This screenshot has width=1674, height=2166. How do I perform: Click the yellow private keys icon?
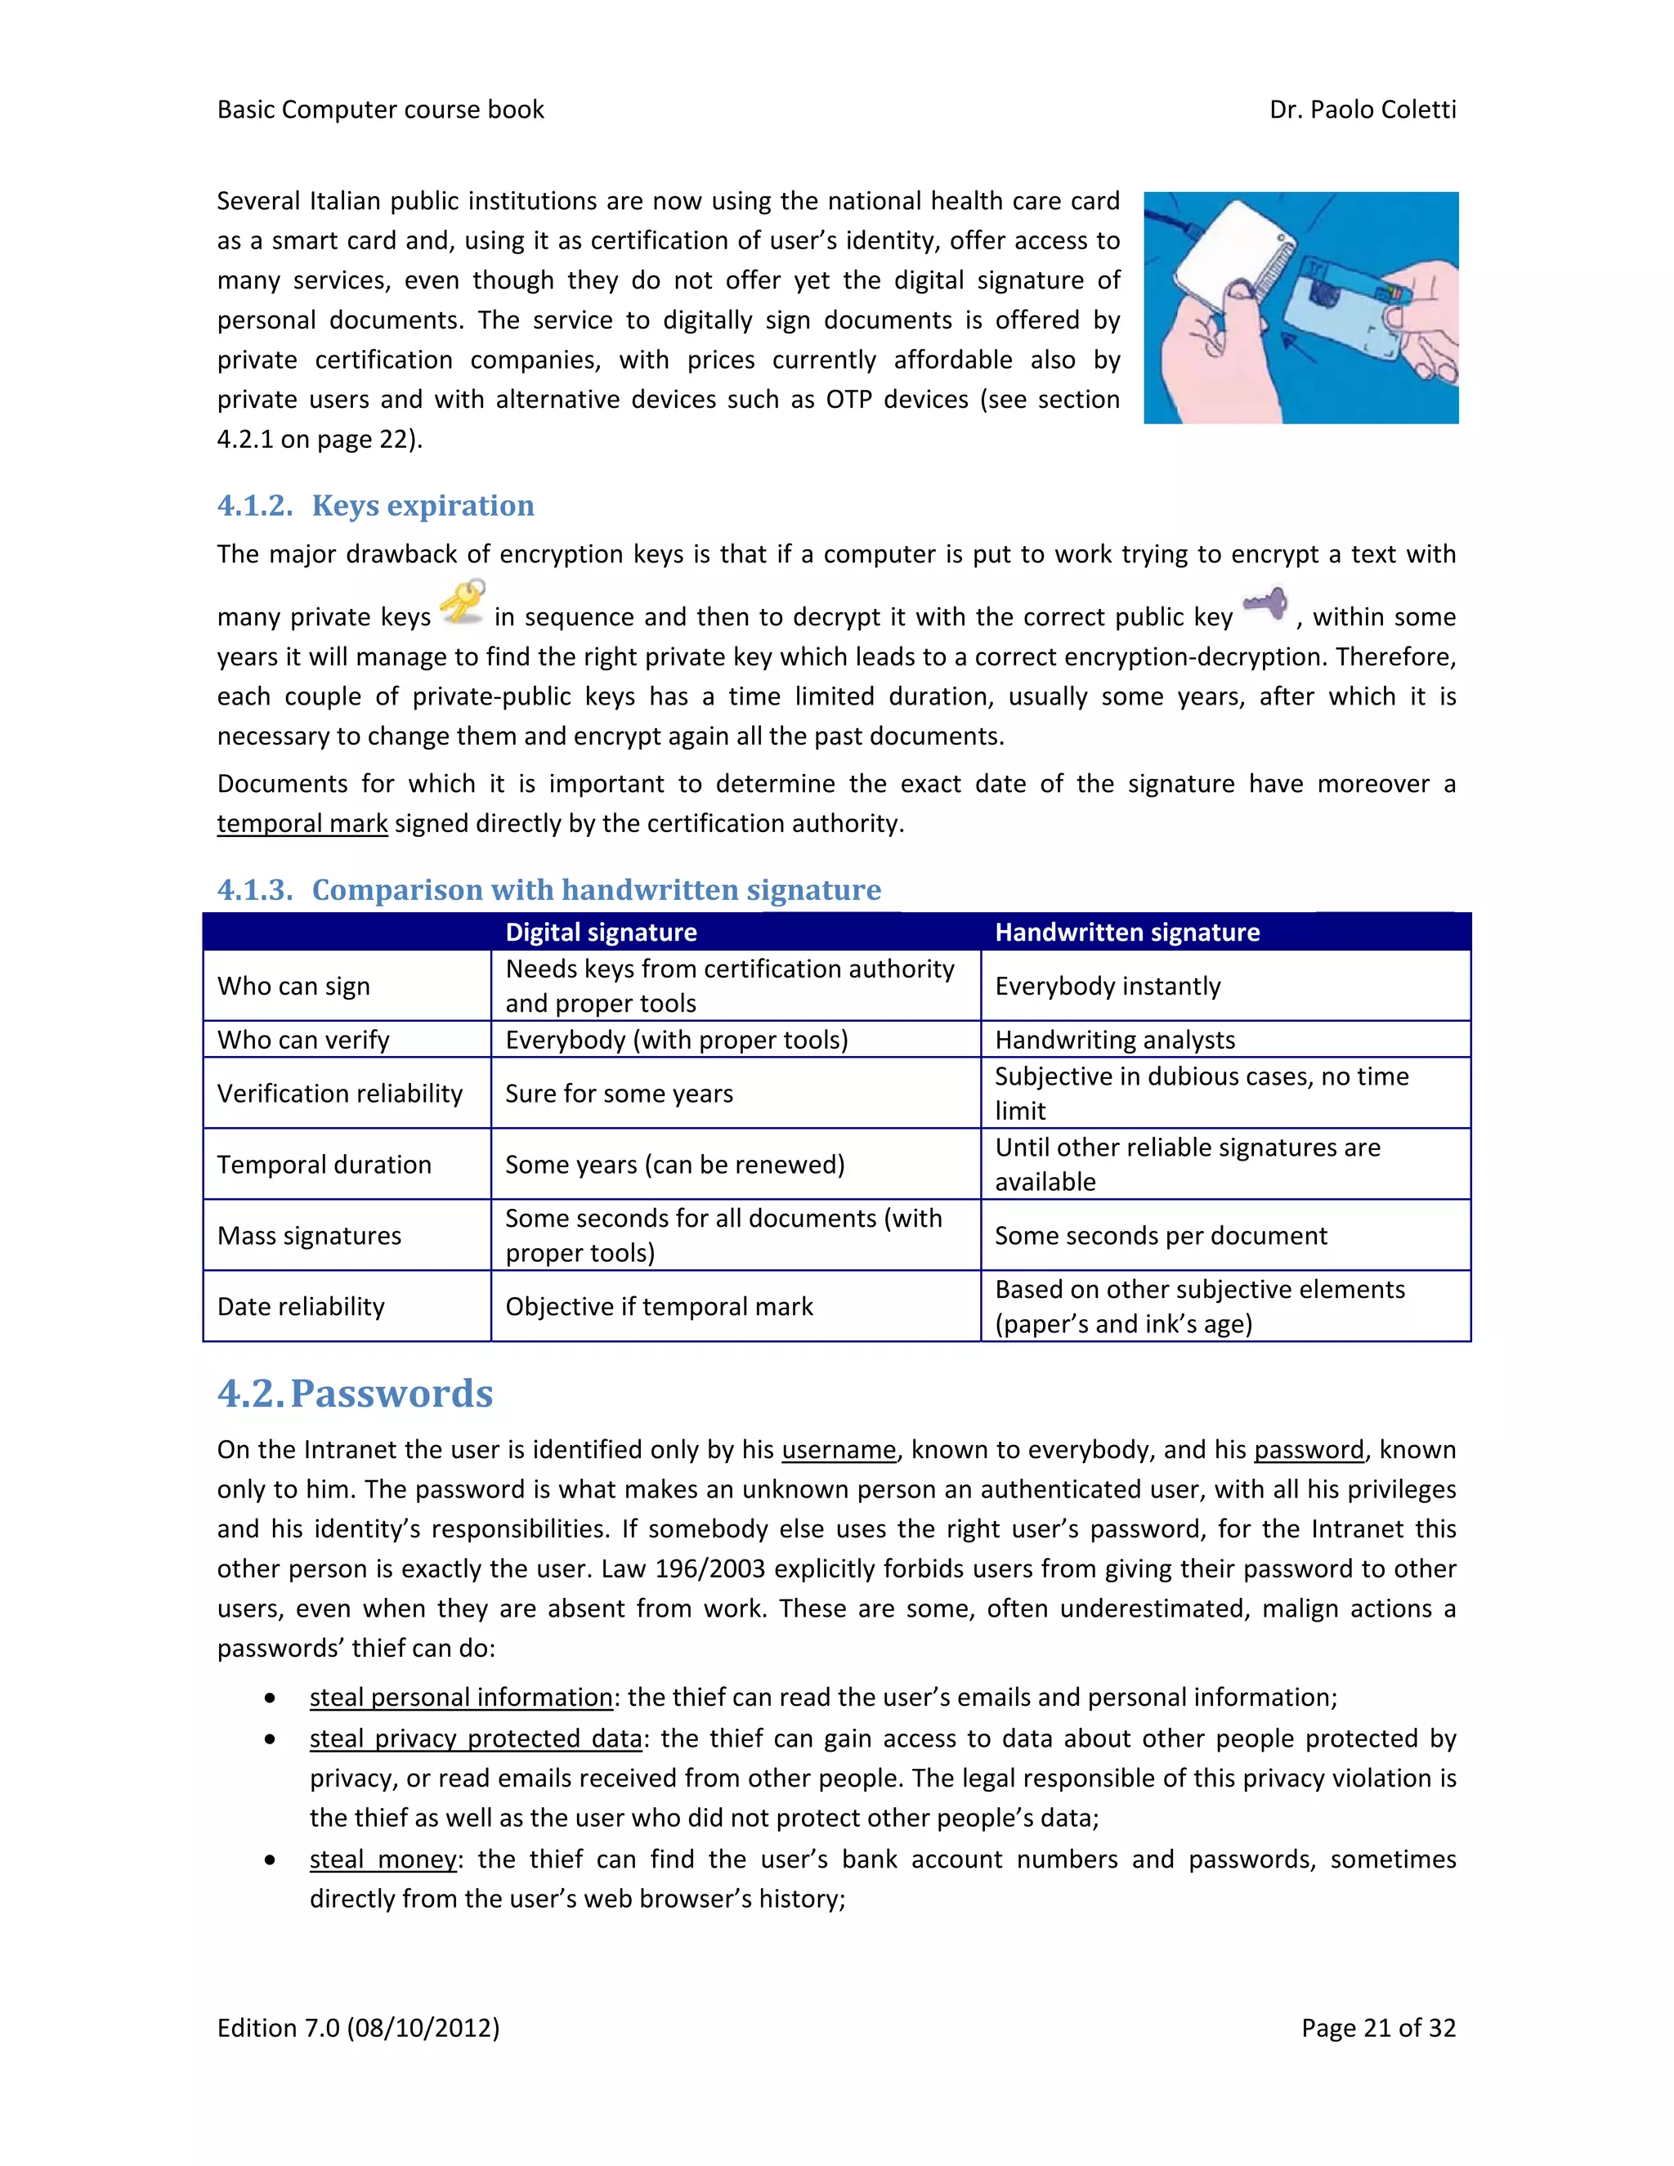(x=462, y=601)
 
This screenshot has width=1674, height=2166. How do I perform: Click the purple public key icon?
(x=1265, y=603)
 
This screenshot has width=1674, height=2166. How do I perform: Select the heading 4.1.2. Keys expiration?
(x=375, y=506)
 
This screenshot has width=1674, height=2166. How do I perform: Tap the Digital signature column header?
(x=601, y=933)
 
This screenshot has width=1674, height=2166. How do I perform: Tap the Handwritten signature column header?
(x=1126, y=933)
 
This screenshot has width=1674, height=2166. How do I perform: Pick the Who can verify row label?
(x=303, y=1040)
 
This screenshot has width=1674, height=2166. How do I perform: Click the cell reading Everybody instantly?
(x=1107, y=986)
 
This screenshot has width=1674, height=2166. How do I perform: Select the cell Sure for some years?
(x=619, y=1093)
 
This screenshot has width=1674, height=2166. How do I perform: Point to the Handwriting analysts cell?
(x=1115, y=1040)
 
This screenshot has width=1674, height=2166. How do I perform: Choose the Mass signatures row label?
(x=310, y=1236)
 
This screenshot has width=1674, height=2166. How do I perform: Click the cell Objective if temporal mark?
(x=659, y=1306)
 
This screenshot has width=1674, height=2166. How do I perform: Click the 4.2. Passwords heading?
(x=355, y=1394)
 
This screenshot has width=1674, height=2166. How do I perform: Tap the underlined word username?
(x=838, y=1450)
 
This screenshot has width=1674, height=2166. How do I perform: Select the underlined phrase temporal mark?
(x=302, y=823)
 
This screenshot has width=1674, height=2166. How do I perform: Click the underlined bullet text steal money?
(x=383, y=1859)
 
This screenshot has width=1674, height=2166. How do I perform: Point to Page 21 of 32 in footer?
(x=1377, y=2027)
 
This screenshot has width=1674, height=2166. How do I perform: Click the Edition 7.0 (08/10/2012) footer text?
(x=358, y=2027)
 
